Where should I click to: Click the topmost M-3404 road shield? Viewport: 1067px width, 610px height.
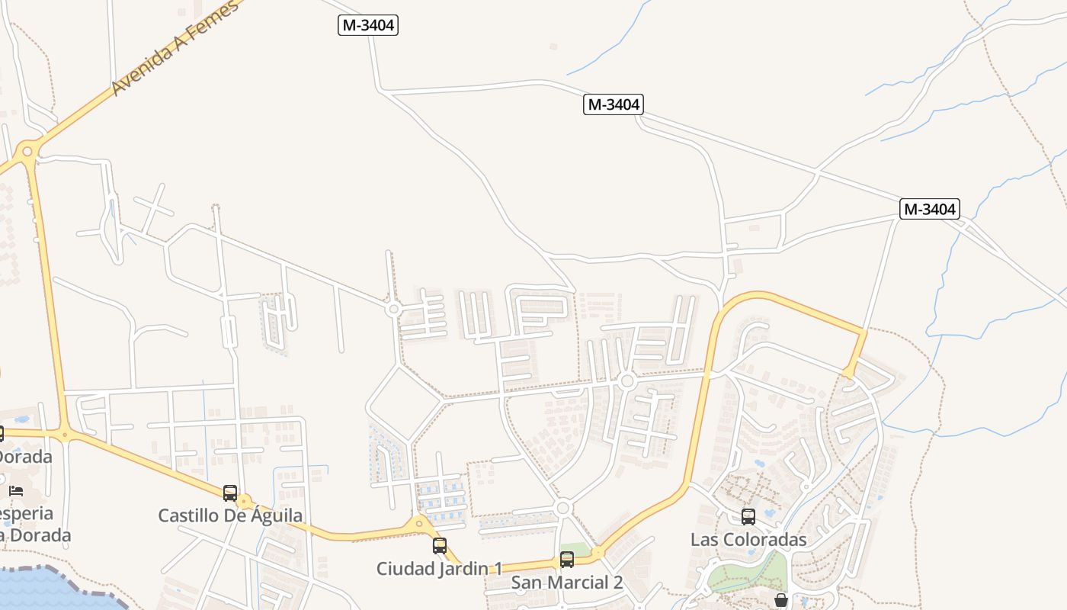368,25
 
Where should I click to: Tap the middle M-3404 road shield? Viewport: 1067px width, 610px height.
614,104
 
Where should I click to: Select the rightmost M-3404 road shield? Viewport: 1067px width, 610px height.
929,209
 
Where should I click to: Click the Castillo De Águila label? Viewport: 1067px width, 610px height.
230,515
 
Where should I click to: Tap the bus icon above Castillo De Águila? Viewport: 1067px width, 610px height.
230,493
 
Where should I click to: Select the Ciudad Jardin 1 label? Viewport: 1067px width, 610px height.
440,568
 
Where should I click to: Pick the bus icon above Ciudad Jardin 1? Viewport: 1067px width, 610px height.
440,546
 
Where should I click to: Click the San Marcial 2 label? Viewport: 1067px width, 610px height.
567,583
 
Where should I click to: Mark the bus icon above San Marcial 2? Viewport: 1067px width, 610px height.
567,560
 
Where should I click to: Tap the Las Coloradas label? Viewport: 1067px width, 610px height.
748,539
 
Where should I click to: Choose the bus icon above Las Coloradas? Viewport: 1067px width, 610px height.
748,517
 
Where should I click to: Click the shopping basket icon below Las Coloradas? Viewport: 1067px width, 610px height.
781,601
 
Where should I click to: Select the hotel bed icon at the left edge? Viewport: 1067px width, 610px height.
16,490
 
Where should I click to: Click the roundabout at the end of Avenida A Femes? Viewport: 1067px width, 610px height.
28,151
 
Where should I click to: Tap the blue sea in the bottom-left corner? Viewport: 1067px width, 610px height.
38,591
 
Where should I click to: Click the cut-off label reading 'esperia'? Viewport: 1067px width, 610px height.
26,513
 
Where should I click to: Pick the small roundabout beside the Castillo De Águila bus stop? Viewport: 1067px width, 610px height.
245,502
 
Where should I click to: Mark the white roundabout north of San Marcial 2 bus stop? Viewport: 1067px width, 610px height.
563,508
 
